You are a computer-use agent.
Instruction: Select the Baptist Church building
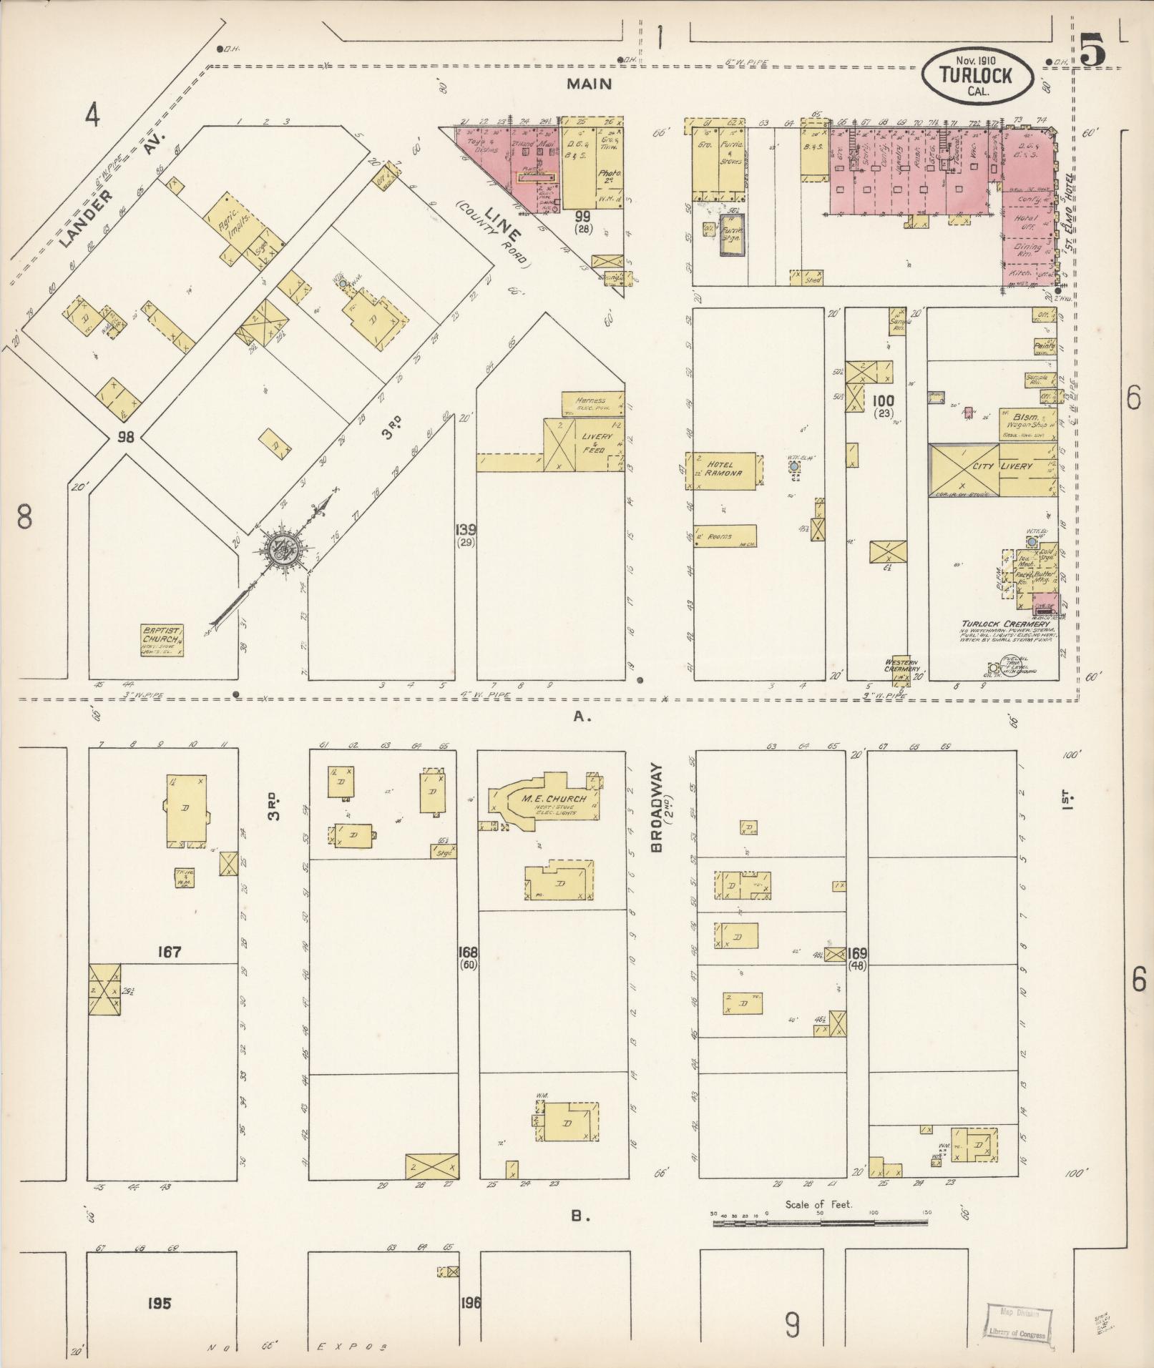pyautogui.click(x=162, y=639)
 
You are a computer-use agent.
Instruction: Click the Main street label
pyautogui.click(x=589, y=84)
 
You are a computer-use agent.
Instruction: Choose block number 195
pyautogui.click(x=159, y=1303)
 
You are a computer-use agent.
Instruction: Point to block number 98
pyautogui.click(x=126, y=437)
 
